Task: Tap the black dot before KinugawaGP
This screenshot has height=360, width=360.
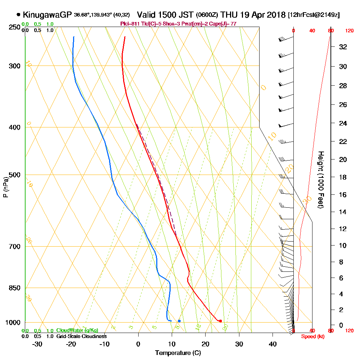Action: coord(18,15)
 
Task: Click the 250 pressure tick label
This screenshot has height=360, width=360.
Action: coord(14,27)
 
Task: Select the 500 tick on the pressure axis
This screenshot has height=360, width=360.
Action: coord(14,175)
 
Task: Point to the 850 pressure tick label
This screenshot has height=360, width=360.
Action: coord(14,288)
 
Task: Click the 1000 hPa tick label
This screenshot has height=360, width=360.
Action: coord(12,323)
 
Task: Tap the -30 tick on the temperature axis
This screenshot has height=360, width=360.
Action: coord(37,344)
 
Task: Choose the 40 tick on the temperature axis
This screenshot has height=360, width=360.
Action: coord(273,344)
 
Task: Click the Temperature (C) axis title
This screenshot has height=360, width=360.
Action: coord(178,353)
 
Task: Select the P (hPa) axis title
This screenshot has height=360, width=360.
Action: coord(5,187)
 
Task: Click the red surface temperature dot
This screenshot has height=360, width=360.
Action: coord(220,321)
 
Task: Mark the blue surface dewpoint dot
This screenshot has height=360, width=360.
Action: coord(179,321)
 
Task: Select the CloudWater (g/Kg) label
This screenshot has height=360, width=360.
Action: coord(77,330)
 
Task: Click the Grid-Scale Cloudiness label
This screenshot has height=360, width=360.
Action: coord(81,336)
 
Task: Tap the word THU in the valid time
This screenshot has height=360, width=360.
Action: coord(229,15)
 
